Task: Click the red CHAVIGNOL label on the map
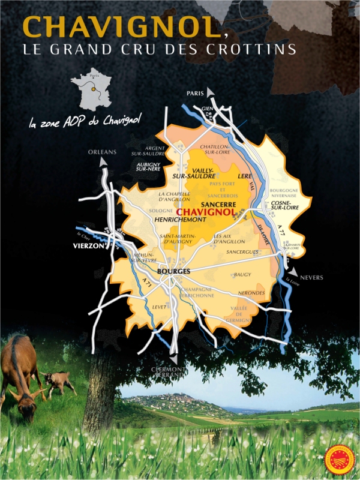206,213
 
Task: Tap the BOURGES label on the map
173,272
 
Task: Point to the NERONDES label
251,293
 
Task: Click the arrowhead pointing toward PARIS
210,92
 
